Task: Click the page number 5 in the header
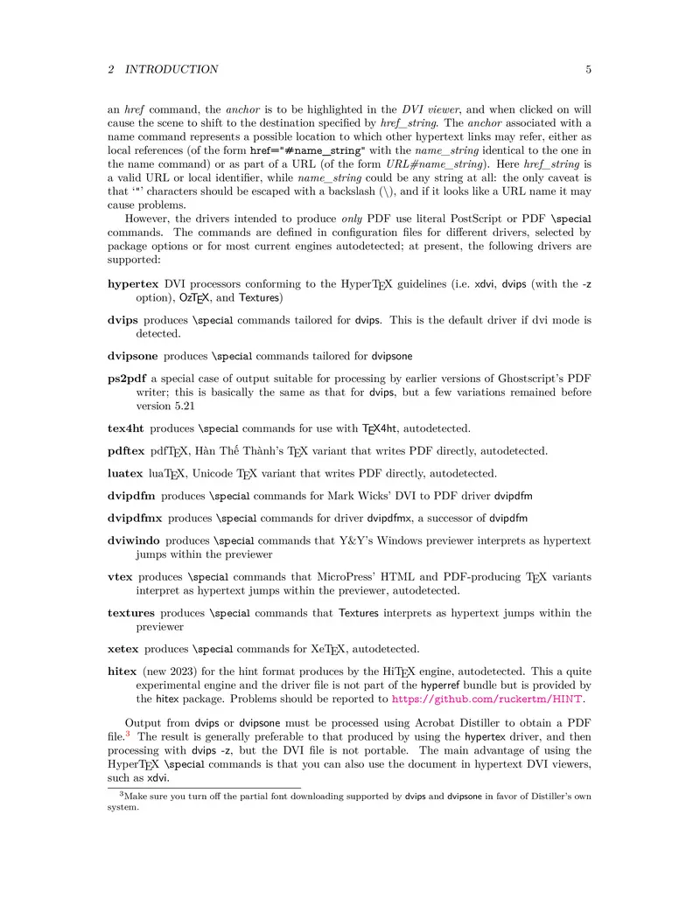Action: pyautogui.click(x=588, y=69)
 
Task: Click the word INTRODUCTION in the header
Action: pyautogui.click(x=171, y=69)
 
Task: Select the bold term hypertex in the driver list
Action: pyautogui.click(x=133, y=284)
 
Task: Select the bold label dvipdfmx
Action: pyautogui.click(x=135, y=519)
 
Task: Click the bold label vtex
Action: pyautogui.click(x=120, y=577)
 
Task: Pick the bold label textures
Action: pyautogui.click(x=131, y=613)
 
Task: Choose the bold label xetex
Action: pyautogui.click(x=122, y=649)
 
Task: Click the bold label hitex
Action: pyautogui.click(x=122, y=672)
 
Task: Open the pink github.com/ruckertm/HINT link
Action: pyautogui.click(x=487, y=700)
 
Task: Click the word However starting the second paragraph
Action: pyautogui.click(x=150, y=219)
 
